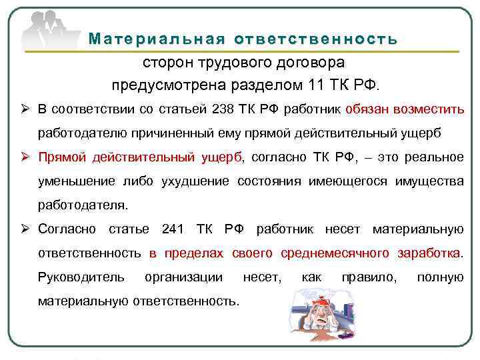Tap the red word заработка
point(426,253)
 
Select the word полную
point(440,277)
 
